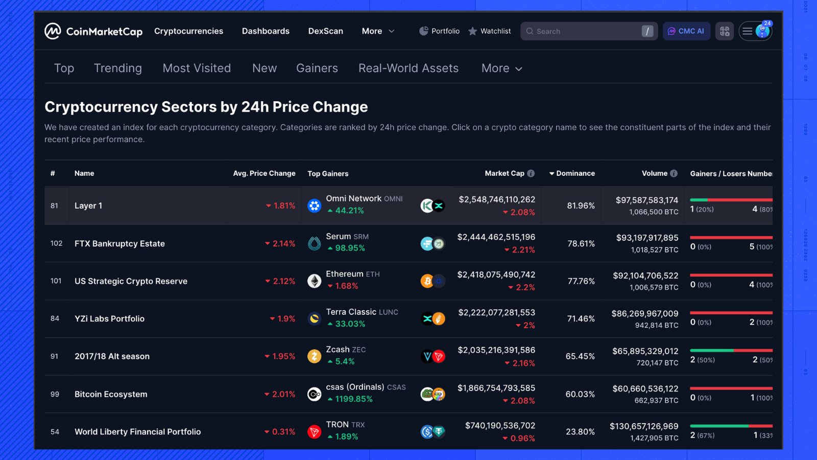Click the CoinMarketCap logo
pos(93,31)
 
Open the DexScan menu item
pos(325,31)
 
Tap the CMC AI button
pos(686,31)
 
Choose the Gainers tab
pos(317,68)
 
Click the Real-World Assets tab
pos(408,68)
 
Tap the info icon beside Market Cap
pos(531,173)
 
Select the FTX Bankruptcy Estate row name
pos(119,244)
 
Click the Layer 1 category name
pos(88,205)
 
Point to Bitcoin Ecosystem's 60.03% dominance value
pos(580,394)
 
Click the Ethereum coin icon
pos(314,281)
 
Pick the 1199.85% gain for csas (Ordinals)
pos(353,399)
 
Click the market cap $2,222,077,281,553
pos(496,312)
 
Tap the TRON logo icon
pos(314,432)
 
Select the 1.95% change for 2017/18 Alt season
pos(283,356)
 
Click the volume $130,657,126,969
pos(644,426)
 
